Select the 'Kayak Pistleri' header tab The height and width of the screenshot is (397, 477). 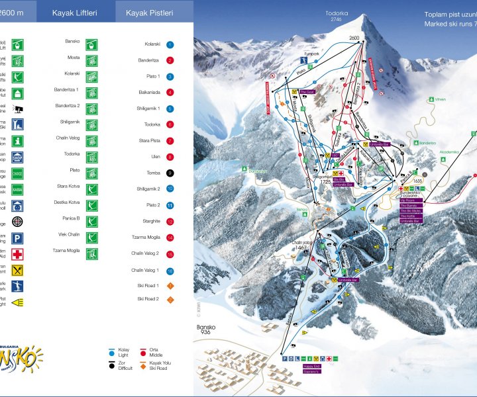point(150,12)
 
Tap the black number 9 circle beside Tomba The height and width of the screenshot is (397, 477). point(170,173)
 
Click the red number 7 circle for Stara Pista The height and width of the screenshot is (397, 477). point(170,141)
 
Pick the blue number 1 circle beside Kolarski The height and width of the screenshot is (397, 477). point(170,44)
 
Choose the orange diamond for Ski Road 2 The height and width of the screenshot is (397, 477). point(170,299)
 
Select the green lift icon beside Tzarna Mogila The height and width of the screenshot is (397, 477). point(93,253)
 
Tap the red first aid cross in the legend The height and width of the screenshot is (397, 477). point(18,254)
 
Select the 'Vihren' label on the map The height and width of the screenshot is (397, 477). point(439,99)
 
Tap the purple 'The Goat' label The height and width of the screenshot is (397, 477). point(306,93)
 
